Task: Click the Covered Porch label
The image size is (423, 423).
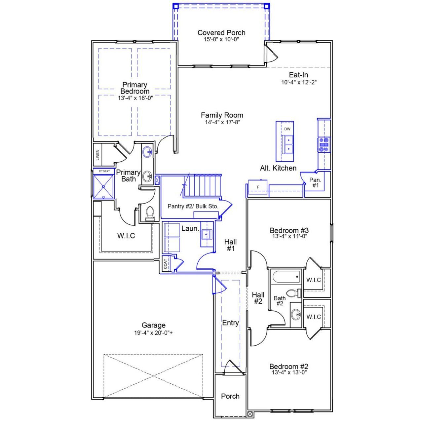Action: (x=221, y=33)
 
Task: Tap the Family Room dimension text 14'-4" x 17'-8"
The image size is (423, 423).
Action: (x=222, y=122)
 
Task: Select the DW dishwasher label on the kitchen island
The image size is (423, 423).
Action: (x=287, y=129)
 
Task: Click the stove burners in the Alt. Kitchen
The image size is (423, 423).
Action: (x=324, y=145)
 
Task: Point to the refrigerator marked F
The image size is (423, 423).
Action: (x=258, y=187)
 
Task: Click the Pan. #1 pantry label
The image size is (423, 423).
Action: (x=315, y=182)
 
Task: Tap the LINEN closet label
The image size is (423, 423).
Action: (x=97, y=155)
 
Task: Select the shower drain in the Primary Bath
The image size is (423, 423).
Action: (x=103, y=187)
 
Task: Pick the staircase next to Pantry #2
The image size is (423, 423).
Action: (x=202, y=186)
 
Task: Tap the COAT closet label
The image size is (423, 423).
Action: (x=165, y=264)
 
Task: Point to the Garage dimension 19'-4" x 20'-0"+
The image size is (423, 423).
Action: (x=153, y=333)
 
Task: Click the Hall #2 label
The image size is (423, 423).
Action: (x=258, y=298)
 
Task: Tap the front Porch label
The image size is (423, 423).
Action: (x=230, y=396)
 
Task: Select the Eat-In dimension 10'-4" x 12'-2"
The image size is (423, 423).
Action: (x=299, y=82)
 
